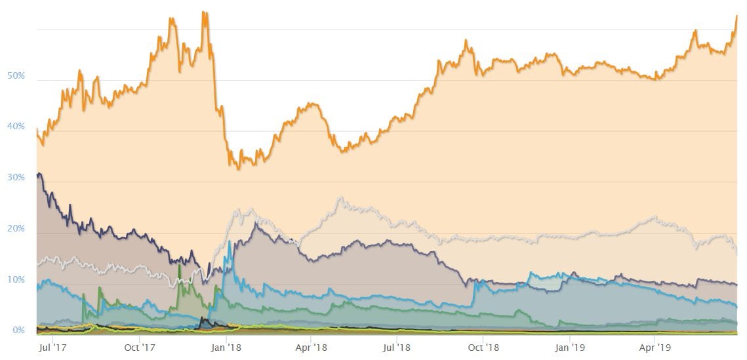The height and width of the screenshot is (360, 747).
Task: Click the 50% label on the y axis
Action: tap(16, 76)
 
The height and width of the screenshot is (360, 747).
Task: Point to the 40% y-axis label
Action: tap(16, 127)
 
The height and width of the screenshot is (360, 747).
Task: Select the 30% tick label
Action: tap(16, 178)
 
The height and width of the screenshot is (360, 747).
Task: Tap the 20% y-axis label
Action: tap(16, 229)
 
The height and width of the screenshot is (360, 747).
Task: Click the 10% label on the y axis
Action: tap(16, 280)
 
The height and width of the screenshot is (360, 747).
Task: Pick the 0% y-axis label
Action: tap(18, 330)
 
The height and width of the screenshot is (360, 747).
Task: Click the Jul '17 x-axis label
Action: tap(52, 348)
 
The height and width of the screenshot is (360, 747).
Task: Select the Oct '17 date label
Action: tap(138, 348)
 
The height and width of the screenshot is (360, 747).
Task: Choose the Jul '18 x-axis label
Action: tap(395, 348)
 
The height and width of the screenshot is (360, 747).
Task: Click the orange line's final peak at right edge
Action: tap(737, 16)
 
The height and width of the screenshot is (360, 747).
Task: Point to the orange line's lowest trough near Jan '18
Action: tap(238, 169)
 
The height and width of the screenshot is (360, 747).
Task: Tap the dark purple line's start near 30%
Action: tap(39, 174)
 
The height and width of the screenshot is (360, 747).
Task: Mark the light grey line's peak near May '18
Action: tap(340, 197)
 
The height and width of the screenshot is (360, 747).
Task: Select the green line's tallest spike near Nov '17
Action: tap(179, 266)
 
